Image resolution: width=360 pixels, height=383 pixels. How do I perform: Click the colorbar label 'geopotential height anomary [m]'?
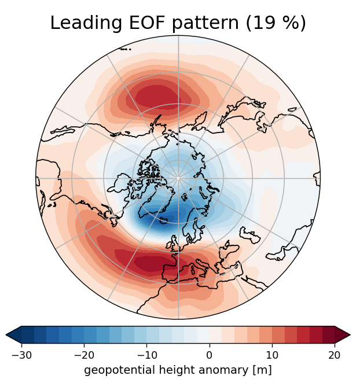coord(178,369)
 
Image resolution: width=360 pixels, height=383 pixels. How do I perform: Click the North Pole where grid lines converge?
coord(178,178)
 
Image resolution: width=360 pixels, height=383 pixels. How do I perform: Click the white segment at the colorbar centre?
coord(203,335)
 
